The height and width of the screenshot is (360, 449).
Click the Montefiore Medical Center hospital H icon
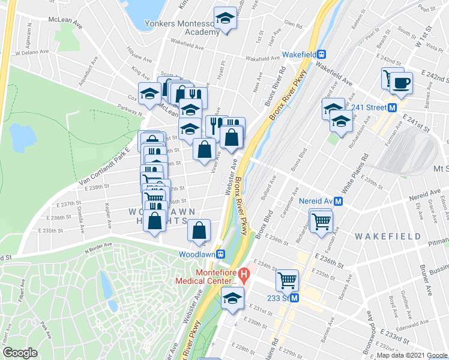click(244, 276)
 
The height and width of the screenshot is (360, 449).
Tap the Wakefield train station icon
click(322, 55)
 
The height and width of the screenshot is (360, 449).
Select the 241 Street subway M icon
click(392, 108)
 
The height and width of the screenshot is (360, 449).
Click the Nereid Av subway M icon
click(339, 202)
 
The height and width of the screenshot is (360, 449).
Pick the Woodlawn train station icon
click(220, 254)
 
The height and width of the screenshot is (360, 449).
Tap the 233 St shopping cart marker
click(287, 280)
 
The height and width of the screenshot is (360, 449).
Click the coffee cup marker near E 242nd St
click(402, 82)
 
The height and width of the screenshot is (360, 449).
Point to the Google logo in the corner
click(20, 353)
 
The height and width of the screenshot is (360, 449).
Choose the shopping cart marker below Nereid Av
click(322, 220)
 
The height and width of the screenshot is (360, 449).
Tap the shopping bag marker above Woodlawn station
click(199, 230)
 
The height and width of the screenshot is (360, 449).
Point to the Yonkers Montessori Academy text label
click(182, 28)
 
